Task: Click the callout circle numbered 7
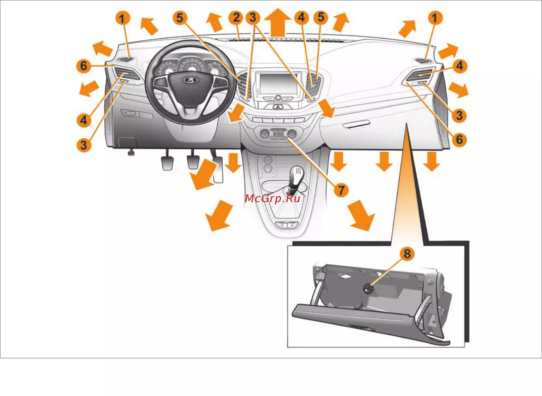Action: (x=341, y=190)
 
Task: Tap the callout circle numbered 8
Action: (x=407, y=254)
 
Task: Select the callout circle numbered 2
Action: (x=236, y=17)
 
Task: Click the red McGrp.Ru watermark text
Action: (x=273, y=198)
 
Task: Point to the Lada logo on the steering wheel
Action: (x=191, y=80)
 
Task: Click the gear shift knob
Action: (x=297, y=174)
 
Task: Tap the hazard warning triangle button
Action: (x=278, y=107)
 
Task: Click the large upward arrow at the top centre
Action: (x=278, y=22)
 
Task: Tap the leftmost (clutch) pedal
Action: (x=167, y=163)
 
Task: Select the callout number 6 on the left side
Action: (x=84, y=66)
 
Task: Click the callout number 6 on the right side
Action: (x=459, y=139)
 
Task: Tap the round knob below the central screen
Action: (x=278, y=98)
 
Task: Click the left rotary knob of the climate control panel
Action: (x=264, y=133)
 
